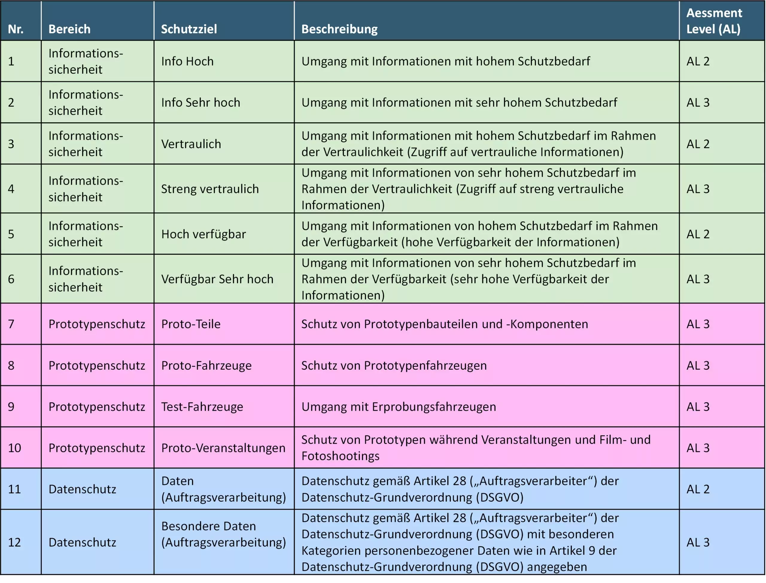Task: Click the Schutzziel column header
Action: point(189,29)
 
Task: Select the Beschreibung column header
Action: point(339,29)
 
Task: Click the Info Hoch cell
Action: point(187,61)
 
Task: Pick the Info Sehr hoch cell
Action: point(200,103)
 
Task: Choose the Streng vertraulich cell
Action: point(210,189)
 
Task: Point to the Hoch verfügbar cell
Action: point(203,234)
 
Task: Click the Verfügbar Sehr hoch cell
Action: point(217,279)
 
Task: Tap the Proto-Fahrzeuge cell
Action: point(206,366)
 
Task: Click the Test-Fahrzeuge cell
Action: point(202,407)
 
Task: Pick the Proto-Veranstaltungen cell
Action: point(223,448)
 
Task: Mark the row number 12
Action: point(14,543)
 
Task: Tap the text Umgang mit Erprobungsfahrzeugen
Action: point(399,407)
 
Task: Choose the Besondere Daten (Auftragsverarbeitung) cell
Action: point(223,535)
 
